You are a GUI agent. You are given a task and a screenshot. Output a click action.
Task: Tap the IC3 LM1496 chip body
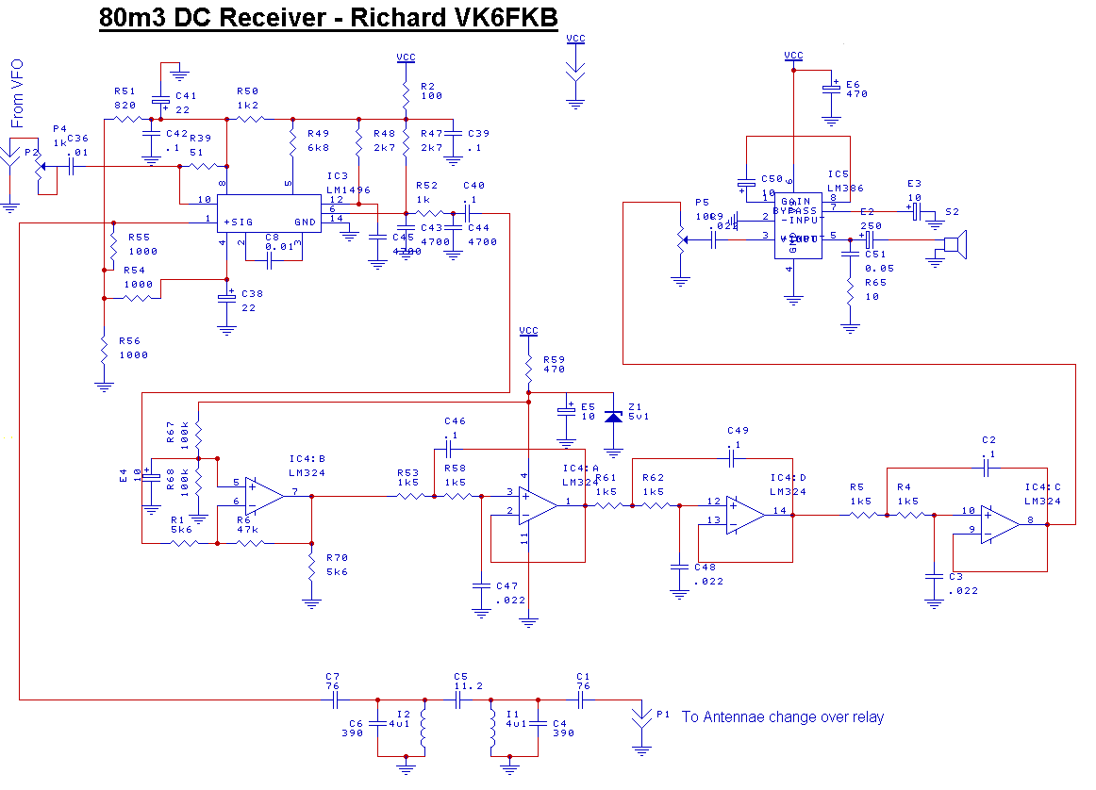pyautogui.click(x=269, y=213)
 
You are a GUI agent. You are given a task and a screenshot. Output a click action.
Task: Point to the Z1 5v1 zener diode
pyautogui.click(x=614, y=414)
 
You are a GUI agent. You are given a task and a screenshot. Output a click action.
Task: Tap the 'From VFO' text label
pyautogui.click(x=17, y=93)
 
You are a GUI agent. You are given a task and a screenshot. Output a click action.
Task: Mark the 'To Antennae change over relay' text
pyautogui.click(x=783, y=717)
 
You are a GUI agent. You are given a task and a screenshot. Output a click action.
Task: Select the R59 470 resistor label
pyautogui.click(x=554, y=364)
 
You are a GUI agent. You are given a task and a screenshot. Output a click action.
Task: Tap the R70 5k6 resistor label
pyautogui.click(x=336, y=565)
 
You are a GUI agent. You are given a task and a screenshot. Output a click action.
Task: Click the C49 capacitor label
pyautogui.click(x=738, y=436)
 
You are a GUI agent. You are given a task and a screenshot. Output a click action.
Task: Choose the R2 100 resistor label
pyautogui.click(x=431, y=91)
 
